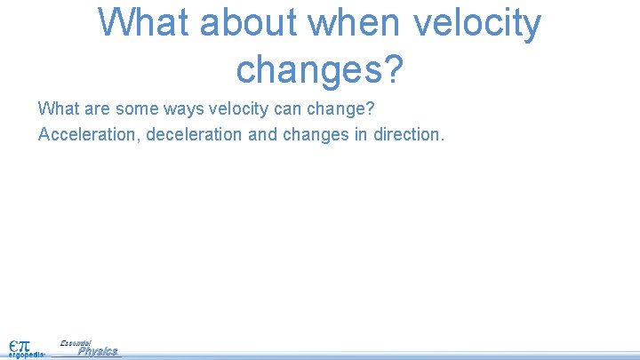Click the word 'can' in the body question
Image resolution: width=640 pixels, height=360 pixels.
pyautogui.click(x=284, y=108)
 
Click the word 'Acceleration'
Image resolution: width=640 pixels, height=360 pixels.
pyautogui.click(x=82, y=134)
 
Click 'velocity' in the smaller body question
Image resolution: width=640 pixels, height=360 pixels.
pyautogui.click(x=235, y=108)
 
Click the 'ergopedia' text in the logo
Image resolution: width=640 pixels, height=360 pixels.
pyautogui.click(x=26, y=354)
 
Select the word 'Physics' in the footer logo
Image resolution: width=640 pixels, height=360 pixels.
pyautogui.click(x=97, y=351)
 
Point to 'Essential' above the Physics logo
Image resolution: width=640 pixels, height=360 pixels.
pyautogui.click(x=76, y=342)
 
